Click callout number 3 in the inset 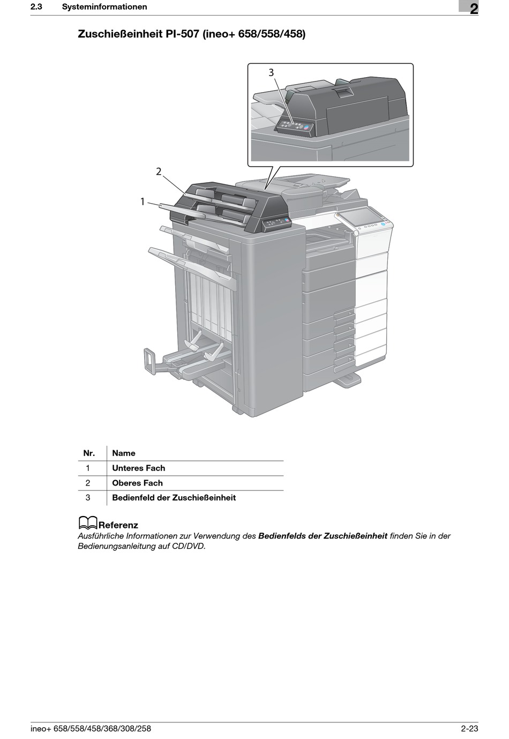click(x=271, y=72)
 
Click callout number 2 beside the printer click(x=159, y=171)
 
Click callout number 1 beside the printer click(x=143, y=201)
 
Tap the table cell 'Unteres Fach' click(x=139, y=468)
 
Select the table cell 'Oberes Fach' click(x=137, y=483)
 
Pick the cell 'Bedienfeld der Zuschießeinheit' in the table click(x=174, y=498)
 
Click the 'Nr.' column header click(x=89, y=453)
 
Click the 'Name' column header click(x=124, y=453)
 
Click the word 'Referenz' click(x=118, y=525)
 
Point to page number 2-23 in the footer click(x=469, y=728)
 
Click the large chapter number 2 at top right click(x=474, y=9)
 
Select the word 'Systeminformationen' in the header click(x=104, y=7)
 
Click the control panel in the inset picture click(x=294, y=126)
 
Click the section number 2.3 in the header click(x=36, y=7)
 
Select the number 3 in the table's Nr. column click(x=88, y=498)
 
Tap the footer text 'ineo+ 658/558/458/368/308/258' click(x=91, y=728)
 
